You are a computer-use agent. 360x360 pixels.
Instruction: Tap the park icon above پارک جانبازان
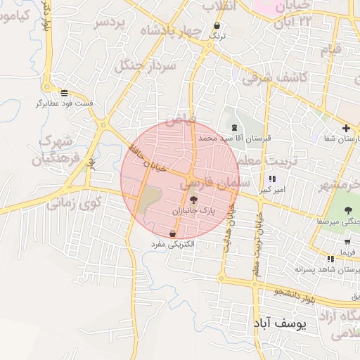194,200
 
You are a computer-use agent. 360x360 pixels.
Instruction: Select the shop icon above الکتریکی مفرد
173,233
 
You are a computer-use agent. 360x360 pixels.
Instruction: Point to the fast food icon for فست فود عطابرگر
64,93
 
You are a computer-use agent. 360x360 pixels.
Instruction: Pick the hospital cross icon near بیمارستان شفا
346,128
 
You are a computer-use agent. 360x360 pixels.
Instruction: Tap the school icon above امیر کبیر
272,179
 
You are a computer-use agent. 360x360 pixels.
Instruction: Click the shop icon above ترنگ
217,26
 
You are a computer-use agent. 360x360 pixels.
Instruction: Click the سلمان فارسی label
210,184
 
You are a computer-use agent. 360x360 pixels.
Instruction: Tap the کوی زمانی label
74,202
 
